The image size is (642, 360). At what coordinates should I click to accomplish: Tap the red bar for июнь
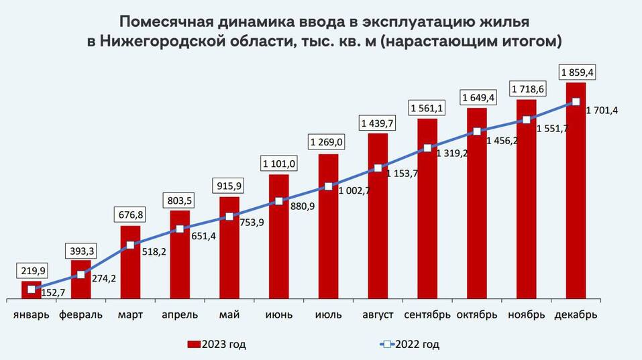click(x=279, y=238)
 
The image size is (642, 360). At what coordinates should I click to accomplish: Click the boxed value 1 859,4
click(x=576, y=71)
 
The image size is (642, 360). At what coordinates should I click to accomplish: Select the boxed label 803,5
click(x=180, y=200)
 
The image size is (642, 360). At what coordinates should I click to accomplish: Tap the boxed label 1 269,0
click(x=328, y=142)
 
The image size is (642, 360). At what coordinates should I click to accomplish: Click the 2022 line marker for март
click(x=130, y=245)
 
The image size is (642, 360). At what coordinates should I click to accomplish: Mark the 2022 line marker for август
click(x=378, y=168)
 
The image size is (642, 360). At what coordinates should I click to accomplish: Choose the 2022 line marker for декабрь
click(x=576, y=102)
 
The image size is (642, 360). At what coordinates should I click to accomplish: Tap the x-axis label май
click(x=229, y=314)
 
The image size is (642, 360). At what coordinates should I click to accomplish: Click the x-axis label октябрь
click(x=476, y=314)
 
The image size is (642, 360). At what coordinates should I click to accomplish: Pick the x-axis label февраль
click(x=81, y=314)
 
